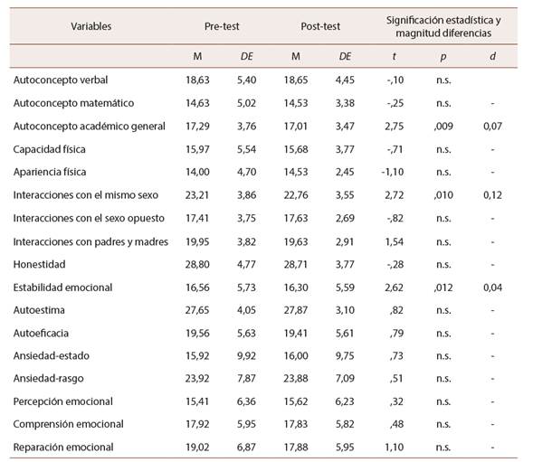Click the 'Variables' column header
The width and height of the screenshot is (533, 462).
point(91,26)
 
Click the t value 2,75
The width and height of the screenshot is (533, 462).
point(392,126)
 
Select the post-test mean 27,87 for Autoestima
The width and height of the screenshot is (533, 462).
point(297,309)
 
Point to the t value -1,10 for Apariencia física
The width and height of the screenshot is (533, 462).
point(391,172)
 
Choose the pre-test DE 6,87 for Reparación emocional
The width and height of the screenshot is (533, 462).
point(246,447)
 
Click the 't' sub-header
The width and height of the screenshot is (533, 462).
point(392,56)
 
